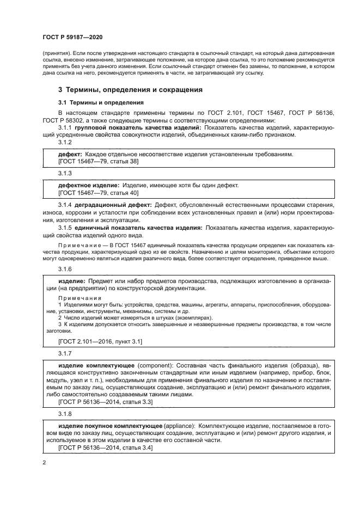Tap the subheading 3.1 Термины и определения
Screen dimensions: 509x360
click(93, 102)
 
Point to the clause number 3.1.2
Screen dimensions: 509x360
click(65, 142)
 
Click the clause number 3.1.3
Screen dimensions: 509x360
click(65, 173)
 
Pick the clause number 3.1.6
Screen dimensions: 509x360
click(65, 269)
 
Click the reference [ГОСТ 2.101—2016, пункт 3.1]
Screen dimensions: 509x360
click(100, 341)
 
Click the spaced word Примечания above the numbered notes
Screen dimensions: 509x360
click(80, 298)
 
